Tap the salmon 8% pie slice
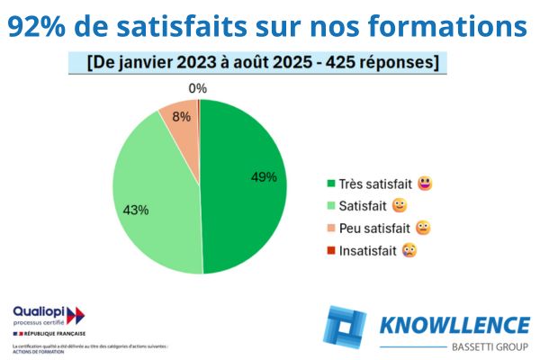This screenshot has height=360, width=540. pyautogui.click(x=179, y=117)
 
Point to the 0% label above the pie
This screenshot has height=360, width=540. pyautogui.click(x=198, y=88)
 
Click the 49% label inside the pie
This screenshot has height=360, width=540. pyautogui.click(x=264, y=177)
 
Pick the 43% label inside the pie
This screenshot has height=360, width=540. pyautogui.click(x=136, y=210)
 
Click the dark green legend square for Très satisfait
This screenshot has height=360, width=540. pyautogui.click(x=332, y=184)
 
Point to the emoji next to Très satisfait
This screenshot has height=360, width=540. pyautogui.click(x=425, y=184)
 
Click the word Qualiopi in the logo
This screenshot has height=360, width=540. pyautogui.click(x=39, y=310)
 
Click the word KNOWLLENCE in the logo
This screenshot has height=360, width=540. pyautogui.click(x=454, y=325)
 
